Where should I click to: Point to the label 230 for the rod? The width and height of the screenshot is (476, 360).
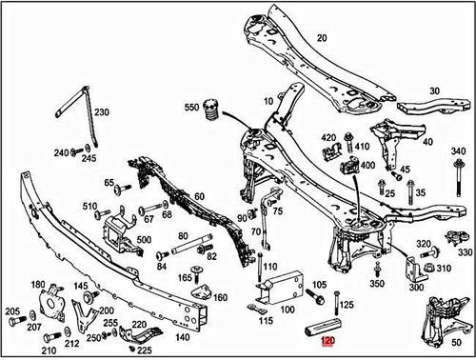pyautogui.click(x=101, y=112)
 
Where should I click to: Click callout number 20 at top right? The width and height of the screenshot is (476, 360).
pyautogui.click(x=321, y=38)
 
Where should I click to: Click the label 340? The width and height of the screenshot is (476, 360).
pyautogui.click(x=458, y=151)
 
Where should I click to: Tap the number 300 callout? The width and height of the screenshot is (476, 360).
pyautogui.click(x=417, y=287)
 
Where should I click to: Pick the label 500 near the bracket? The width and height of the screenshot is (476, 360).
pyautogui.click(x=144, y=240)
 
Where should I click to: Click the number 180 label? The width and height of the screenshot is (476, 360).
pyautogui.click(x=38, y=285)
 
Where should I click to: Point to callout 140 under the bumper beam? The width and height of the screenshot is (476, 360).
pyautogui.click(x=180, y=335)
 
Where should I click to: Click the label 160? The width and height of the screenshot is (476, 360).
pyautogui.click(x=221, y=297)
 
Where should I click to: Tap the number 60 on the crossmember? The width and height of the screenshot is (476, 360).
pyautogui.click(x=198, y=196)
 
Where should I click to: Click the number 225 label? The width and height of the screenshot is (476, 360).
pyautogui.click(x=145, y=350)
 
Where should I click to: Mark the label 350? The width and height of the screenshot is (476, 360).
pyautogui.click(x=377, y=284)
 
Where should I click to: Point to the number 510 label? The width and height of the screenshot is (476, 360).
pyautogui.click(x=89, y=206)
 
